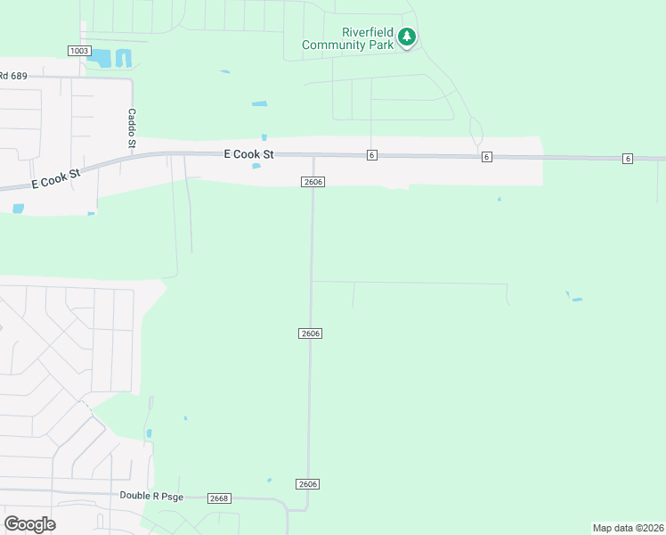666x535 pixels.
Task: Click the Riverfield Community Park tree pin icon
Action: [407, 37]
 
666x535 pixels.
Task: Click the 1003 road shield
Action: [79, 51]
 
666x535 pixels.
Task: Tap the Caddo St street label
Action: [132, 128]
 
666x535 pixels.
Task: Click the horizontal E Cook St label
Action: [248, 154]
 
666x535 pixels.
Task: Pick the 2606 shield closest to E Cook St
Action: [312, 182]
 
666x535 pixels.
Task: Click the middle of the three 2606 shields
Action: [310, 333]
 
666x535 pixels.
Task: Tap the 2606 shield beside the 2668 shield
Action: [308, 483]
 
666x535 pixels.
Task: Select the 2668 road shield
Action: [219, 498]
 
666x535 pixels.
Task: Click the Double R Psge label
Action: [151, 496]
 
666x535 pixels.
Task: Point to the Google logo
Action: [30, 523]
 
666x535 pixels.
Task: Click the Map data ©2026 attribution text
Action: [627, 528]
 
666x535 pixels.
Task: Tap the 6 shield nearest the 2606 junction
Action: [371, 155]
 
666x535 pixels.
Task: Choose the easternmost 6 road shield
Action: [628, 159]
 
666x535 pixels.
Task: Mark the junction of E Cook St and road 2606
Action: [313, 156]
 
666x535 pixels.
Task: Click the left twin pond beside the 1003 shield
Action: [104, 59]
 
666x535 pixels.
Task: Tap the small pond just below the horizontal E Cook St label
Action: [256, 166]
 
